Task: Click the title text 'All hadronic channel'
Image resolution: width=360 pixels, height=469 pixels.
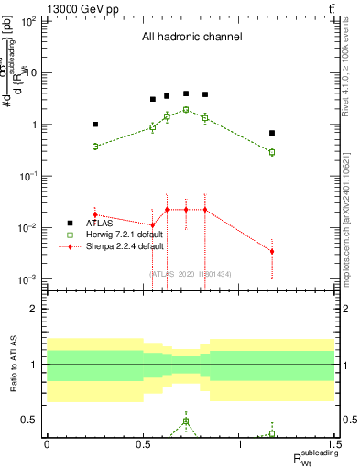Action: pyautogui.click(x=191, y=38)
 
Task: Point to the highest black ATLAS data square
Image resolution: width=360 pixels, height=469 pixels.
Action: pyautogui.click(x=186, y=93)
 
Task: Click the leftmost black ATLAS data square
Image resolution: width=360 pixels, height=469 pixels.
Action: pyautogui.click(x=95, y=124)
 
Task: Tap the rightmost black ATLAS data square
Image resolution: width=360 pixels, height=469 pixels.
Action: pyautogui.click(x=272, y=133)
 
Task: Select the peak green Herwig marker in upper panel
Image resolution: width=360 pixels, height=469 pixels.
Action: pyautogui.click(x=186, y=110)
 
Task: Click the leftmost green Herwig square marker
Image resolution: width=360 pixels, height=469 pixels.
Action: pyautogui.click(x=95, y=146)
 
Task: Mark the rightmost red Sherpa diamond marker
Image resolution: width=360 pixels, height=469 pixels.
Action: pyautogui.click(x=272, y=251)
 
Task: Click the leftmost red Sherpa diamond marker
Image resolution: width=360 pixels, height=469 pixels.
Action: pyautogui.click(x=95, y=214)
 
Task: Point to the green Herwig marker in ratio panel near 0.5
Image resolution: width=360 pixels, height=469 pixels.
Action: pyautogui.click(x=186, y=421)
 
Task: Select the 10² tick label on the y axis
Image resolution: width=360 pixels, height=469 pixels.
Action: pyautogui.click(x=27, y=21)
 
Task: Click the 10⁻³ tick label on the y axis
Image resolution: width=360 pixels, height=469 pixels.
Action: pyautogui.click(x=27, y=278)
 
